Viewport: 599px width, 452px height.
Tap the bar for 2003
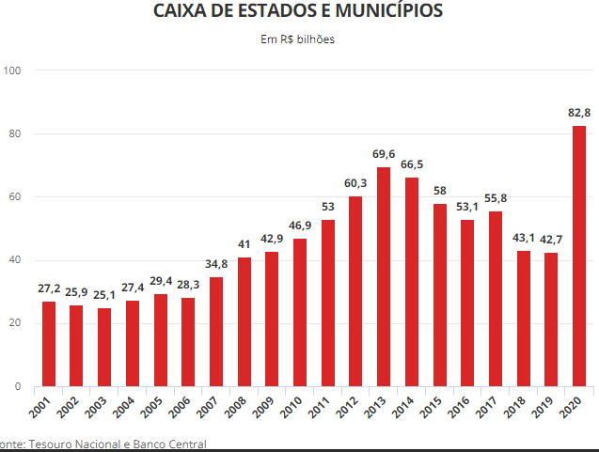[x=104, y=347]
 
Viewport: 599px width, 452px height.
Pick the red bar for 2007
[x=216, y=332]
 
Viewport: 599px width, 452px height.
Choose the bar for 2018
[x=524, y=319]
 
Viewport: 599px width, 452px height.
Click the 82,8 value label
[x=579, y=113]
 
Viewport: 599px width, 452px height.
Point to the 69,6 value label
[x=384, y=153]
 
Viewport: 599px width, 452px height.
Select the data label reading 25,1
[x=104, y=295]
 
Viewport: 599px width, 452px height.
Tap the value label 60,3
[x=355, y=183]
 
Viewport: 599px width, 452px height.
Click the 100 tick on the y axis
[x=13, y=70]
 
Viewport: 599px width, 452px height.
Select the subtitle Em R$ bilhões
[x=297, y=39]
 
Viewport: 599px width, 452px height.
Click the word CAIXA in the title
[x=179, y=12]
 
